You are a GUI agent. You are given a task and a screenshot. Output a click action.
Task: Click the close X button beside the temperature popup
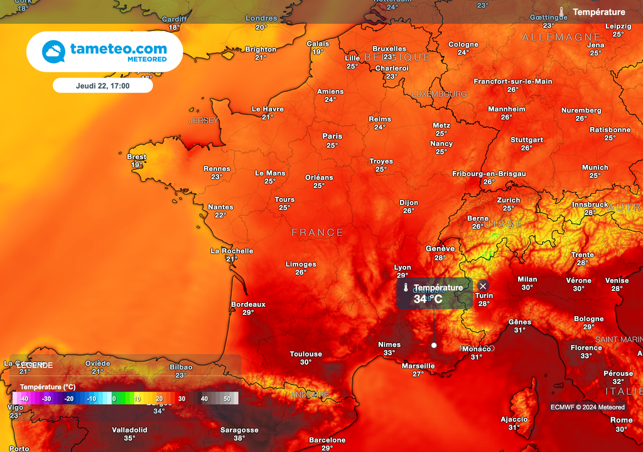point(483,286)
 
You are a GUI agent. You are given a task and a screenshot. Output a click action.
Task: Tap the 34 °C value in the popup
point(428,299)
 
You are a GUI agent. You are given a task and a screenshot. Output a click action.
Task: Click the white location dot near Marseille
point(434,345)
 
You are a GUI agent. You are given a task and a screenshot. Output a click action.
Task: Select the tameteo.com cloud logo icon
point(53,52)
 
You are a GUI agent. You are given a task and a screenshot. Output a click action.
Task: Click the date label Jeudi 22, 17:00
point(102,85)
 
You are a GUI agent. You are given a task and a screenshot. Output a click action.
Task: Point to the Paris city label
point(332,136)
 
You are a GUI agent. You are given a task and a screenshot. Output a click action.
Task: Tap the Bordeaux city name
point(248,304)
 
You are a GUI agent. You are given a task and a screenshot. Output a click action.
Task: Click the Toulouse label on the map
point(306,354)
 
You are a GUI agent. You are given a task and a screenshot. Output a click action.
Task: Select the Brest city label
point(136,157)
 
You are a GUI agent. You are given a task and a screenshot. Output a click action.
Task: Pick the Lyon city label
point(403,267)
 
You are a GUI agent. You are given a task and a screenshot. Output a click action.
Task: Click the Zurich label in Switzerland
point(509,200)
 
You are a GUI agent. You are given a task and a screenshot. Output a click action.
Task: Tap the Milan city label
point(527,279)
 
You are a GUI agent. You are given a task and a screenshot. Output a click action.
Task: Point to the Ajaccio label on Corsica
point(514,419)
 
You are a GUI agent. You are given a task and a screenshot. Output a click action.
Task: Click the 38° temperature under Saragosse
point(239,438)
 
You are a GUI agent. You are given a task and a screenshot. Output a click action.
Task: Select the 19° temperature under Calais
point(318,52)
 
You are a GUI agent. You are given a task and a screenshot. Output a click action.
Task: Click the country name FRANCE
point(317,233)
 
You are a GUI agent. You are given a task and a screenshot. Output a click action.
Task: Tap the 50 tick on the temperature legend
point(227,399)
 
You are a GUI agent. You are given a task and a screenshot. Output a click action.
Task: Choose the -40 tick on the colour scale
point(24,399)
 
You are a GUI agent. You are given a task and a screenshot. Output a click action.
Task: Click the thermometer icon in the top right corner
point(562,12)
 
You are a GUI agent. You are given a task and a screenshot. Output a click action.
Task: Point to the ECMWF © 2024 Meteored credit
point(587,407)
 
